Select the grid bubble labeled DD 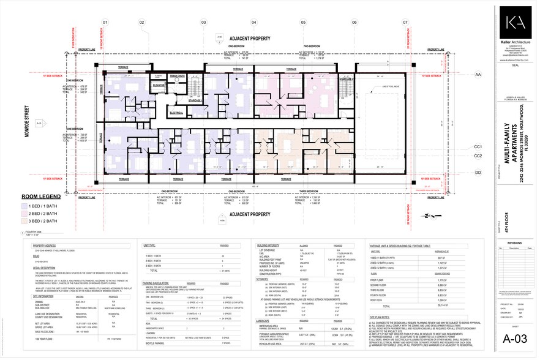pos(479,173)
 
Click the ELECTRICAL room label pos(176,113)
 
